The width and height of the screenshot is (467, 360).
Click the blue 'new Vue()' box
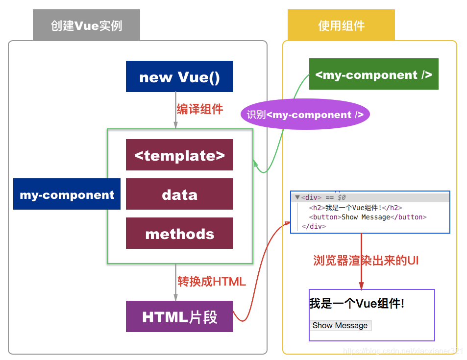179,77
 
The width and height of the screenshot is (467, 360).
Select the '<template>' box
179,155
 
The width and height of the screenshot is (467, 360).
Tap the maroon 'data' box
179,194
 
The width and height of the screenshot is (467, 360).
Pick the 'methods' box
179,234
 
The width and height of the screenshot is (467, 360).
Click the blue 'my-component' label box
67,194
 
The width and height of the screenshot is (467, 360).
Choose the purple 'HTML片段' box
179,317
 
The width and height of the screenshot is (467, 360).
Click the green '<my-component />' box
373,74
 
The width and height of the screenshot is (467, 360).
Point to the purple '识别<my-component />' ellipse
305,115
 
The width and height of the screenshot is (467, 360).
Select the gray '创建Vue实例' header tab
86,25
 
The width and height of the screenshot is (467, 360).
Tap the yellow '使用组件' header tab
341,25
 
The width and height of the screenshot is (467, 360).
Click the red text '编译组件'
200,109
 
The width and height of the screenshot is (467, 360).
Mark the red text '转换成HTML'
211,282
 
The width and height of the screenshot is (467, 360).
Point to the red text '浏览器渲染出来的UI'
366,261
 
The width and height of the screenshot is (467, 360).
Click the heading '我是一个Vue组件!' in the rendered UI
357,304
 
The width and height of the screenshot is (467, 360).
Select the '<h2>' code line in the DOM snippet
355,208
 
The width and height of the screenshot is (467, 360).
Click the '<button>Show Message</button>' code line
368,217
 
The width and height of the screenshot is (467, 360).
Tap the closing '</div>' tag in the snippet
314,226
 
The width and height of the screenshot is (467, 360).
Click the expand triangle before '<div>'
297,197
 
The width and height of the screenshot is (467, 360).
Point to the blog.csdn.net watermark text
403,351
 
